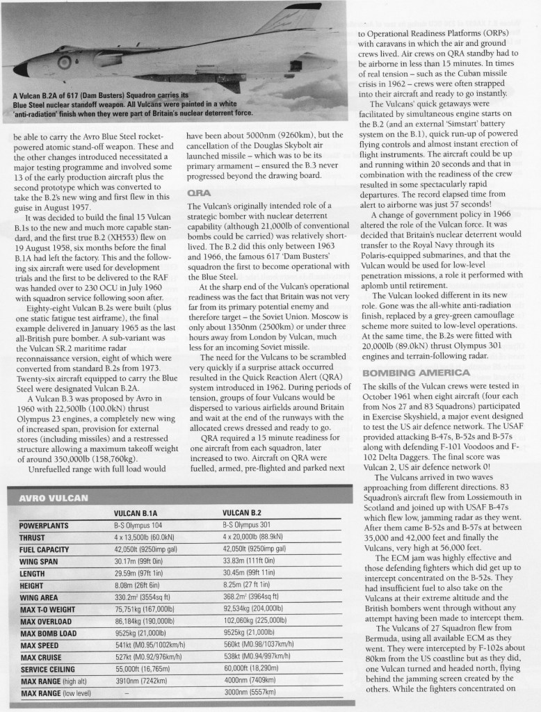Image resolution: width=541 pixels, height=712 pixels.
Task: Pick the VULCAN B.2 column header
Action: (x=244, y=513)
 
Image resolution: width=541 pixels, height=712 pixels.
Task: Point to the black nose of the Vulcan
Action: (x=21, y=69)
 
